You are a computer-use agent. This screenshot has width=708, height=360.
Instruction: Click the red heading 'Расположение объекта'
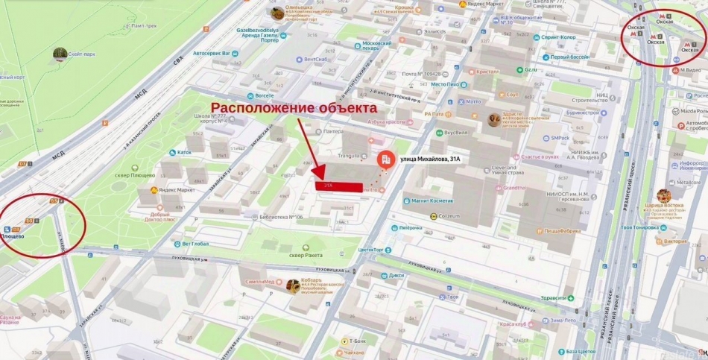click(294, 109)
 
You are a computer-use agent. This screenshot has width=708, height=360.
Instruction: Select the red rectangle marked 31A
click(339, 186)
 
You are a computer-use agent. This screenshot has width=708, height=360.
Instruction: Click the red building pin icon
click(385, 160)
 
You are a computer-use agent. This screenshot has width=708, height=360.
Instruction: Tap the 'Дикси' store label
click(396, 275)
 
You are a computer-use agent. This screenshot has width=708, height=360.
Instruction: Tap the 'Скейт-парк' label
click(80, 53)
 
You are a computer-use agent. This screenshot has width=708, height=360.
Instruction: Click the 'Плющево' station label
click(13, 236)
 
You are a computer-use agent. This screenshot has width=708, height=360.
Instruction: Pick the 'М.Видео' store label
click(689, 70)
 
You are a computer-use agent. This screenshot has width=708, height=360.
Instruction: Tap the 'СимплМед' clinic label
click(260, 282)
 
